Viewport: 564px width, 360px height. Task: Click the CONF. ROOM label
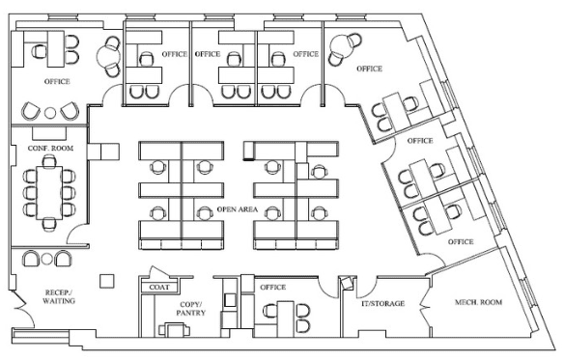(50, 149)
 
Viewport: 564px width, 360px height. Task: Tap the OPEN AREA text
(238, 209)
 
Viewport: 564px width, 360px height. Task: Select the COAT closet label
(159, 287)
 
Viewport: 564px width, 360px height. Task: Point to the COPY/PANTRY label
(191, 309)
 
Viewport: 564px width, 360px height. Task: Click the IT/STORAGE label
(382, 304)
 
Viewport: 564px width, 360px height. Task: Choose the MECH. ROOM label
(478, 302)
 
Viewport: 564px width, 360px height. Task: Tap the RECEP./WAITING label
(59, 296)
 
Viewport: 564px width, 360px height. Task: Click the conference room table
(49, 192)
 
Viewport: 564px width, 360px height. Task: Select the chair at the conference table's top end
(49, 161)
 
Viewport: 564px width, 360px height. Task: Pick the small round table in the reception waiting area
(46, 259)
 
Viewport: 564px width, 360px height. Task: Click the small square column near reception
(107, 281)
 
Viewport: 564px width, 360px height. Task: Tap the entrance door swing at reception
(24, 310)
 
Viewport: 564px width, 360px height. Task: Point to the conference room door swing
(76, 235)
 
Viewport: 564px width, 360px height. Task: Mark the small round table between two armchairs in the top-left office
(50, 113)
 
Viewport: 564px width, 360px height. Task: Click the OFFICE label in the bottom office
(273, 288)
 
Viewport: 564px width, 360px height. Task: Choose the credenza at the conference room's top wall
(49, 133)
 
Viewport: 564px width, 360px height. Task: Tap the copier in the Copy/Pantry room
(175, 329)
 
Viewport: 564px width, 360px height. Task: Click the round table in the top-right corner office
(341, 45)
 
